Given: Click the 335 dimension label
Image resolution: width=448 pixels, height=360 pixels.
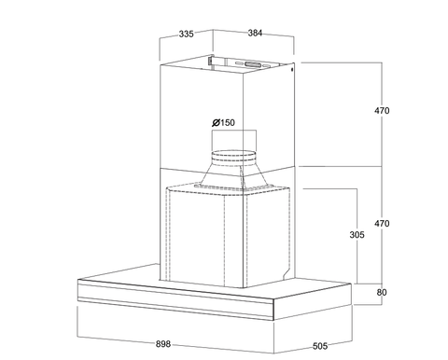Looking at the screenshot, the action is coord(187,34).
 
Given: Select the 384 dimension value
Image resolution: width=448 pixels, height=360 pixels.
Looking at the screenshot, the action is coord(255,33).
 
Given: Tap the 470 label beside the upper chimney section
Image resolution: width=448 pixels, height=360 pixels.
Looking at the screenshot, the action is coord(382,110).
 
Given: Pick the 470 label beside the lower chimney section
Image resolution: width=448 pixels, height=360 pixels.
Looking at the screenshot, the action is coord(382,223).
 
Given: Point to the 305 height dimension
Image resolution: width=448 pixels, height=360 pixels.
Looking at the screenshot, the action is coord(357,234).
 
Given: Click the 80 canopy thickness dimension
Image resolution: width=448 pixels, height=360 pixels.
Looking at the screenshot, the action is coord(382,292).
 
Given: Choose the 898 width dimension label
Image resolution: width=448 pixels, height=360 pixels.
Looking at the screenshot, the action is coord(163,344).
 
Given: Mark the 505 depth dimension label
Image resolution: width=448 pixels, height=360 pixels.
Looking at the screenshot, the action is coord(320,346).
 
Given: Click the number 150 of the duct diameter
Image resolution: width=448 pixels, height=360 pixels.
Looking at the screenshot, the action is coord(228,122).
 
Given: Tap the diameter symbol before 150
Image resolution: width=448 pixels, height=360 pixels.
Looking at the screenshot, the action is coord(216,122).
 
